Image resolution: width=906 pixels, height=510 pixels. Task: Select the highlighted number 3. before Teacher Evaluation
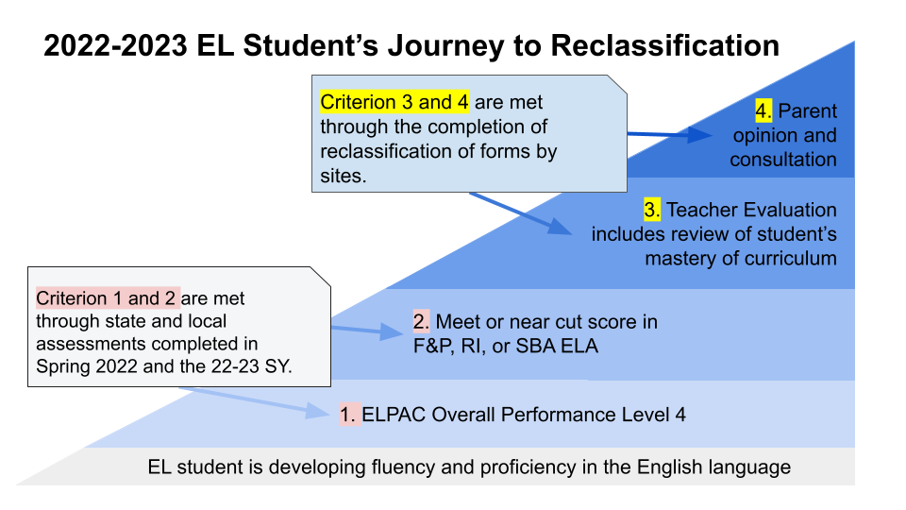(x=652, y=210)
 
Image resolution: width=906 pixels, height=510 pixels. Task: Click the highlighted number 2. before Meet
(x=421, y=322)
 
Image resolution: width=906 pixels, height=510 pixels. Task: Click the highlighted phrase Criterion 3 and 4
(x=395, y=102)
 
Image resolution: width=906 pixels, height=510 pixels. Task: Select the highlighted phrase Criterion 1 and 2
(x=106, y=298)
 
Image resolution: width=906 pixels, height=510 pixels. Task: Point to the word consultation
(x=783, y=160)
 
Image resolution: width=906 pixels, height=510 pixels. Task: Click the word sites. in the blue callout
(x=343, y=176)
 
